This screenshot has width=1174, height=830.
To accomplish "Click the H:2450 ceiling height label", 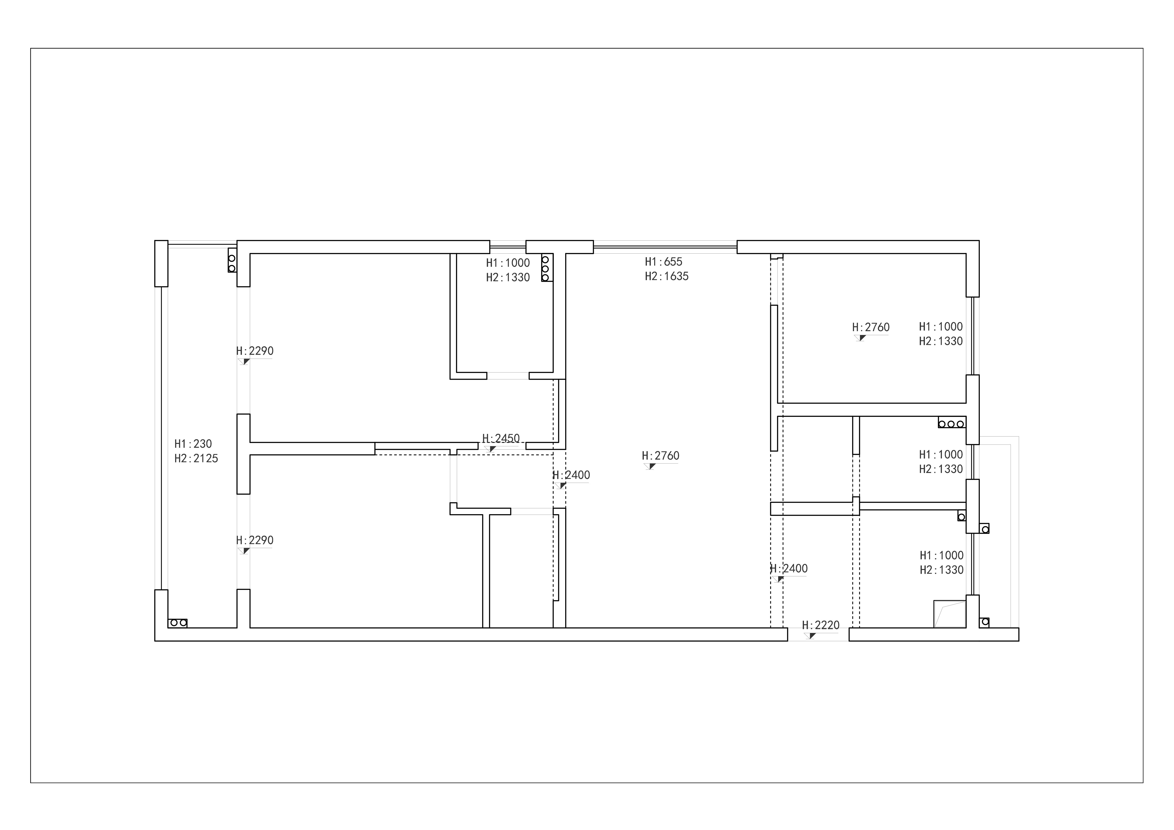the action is pos(501,438).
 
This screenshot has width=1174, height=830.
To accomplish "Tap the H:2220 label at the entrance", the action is pos(821,625).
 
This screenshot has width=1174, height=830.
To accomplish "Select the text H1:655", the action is pos(664,262).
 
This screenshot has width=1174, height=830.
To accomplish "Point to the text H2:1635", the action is pos(667,276).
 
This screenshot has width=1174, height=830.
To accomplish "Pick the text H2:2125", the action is pos(196,458).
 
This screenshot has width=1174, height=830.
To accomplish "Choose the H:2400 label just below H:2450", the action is pos(571,475).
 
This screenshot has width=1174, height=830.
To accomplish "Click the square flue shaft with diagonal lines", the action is pos(949,614).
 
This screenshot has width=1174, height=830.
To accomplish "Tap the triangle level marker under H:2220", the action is pos(812,636).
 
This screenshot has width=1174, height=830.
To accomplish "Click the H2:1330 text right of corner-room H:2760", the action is pos(941,341).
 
